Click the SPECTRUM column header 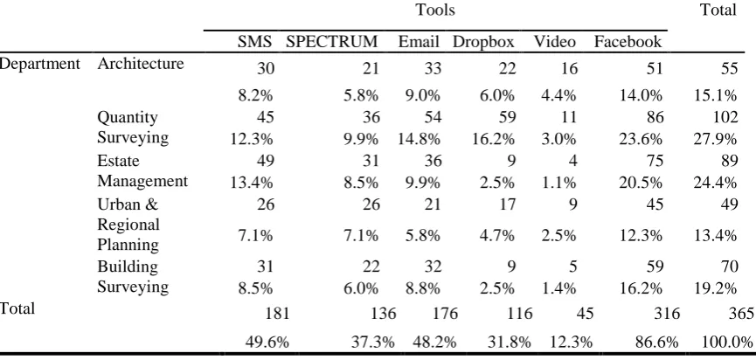[332, 42]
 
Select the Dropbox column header [483, 43]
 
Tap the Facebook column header [628, 42]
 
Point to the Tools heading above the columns [435, 10]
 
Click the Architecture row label [141, 64]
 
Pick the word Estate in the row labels [118, 160]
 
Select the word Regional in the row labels [128, 225]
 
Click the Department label [39, 64]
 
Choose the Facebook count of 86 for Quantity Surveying [653, 117]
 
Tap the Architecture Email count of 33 [431, 69]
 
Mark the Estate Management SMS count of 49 [265, 160]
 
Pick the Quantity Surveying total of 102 [723, 117]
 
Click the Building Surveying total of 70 [727, 267]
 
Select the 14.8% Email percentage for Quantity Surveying [419, 139]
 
